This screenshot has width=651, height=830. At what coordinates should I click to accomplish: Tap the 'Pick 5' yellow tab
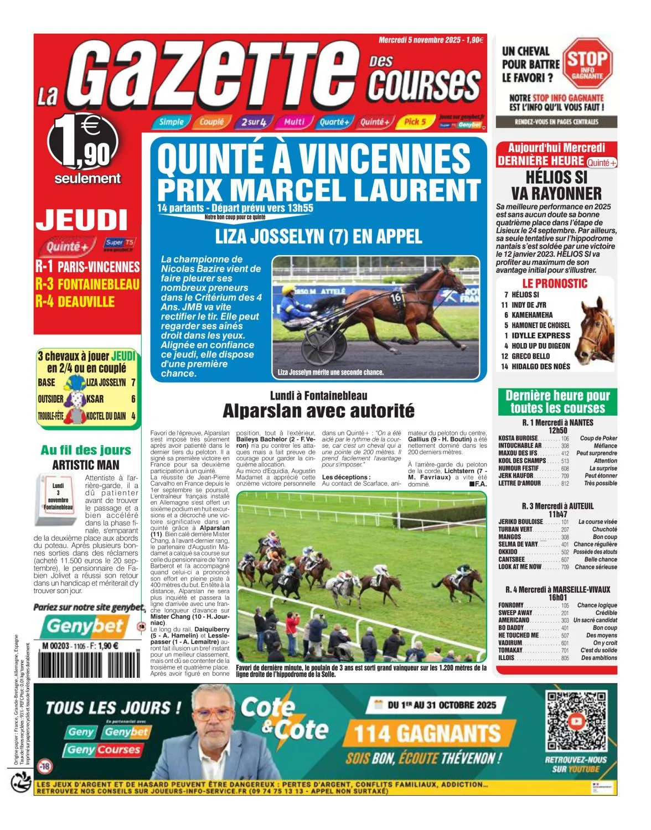pos(414,122)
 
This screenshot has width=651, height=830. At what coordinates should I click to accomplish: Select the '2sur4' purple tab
pos(254,122)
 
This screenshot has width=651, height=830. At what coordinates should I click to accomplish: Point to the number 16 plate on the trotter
pos(396,297)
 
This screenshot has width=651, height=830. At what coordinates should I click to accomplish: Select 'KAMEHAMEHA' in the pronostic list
pos(532,315)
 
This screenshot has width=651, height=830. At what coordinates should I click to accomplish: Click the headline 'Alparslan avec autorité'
pos(318,411)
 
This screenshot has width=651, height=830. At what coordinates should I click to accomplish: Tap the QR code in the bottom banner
pos(576,720)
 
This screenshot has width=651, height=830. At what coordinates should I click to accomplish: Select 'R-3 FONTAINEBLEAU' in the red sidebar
pos(87,284)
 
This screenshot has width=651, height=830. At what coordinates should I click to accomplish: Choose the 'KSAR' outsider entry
pos(95,399)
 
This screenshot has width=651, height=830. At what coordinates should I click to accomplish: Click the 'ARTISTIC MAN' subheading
pos(86,465)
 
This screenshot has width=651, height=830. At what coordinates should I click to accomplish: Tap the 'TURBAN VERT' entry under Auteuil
pos(515,530)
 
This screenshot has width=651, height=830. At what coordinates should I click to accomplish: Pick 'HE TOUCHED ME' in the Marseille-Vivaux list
pos(518,635)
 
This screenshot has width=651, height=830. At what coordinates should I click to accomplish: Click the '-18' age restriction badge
pos(44,766)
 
